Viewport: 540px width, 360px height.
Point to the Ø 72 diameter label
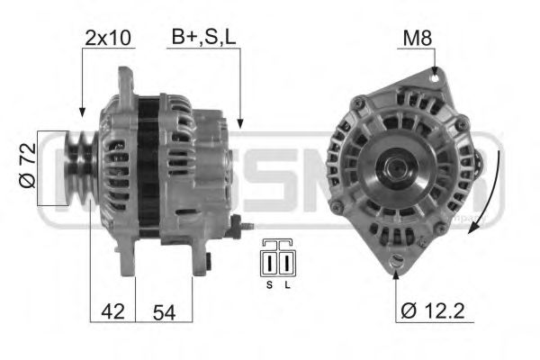[27, 167]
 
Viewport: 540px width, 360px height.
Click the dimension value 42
[112, 312]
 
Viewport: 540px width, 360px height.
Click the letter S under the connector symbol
[269, 285]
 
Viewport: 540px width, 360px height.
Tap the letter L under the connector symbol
[287, 285]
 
